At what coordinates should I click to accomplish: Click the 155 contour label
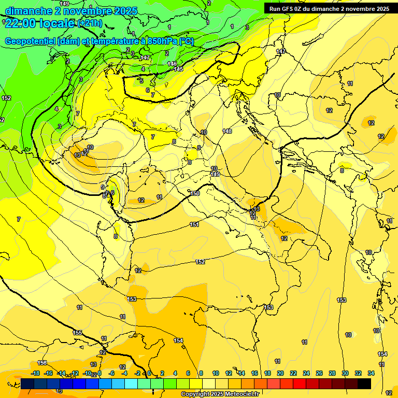click(77, 333)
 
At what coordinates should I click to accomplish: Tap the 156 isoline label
click(42, 363)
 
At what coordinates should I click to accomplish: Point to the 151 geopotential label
click(194, 224)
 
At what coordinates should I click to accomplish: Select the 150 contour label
click(195, 193)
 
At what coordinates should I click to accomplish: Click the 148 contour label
click(227, 131)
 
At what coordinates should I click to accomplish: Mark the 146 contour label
click(172, 63)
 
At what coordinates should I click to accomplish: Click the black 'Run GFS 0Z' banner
click(329, 9)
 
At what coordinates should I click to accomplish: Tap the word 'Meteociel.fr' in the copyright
click(241, 394)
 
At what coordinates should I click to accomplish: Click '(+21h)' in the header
click(91, 23)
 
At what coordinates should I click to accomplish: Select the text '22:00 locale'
click(39, 23)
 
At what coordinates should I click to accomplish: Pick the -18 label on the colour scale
click(36, 373)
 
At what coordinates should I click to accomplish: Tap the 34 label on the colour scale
click(371, 373)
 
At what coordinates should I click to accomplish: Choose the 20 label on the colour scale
click(280, 373)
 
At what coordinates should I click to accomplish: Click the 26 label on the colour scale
click(319, 373)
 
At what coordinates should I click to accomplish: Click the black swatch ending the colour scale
click(364, 383)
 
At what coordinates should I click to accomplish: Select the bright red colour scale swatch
click(300, 383)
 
